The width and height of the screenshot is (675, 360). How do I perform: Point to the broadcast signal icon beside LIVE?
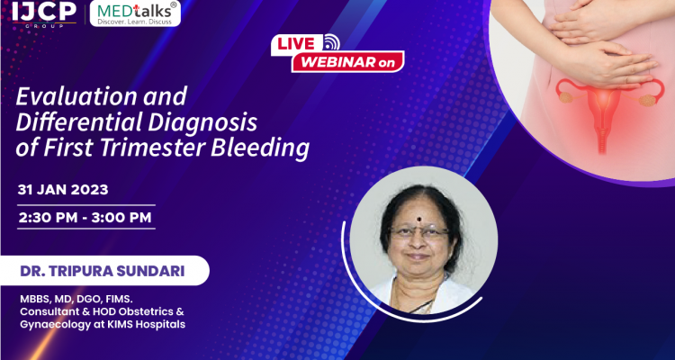click(x=332, y=41)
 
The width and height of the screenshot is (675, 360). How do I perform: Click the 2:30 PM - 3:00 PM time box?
click(x=85, y=217)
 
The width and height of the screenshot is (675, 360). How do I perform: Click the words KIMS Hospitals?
click(x=150, y=324)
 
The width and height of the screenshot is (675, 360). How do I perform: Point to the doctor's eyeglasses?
click(x=420, y=231)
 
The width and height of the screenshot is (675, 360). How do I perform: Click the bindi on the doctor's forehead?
click(x=420, y=219)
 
